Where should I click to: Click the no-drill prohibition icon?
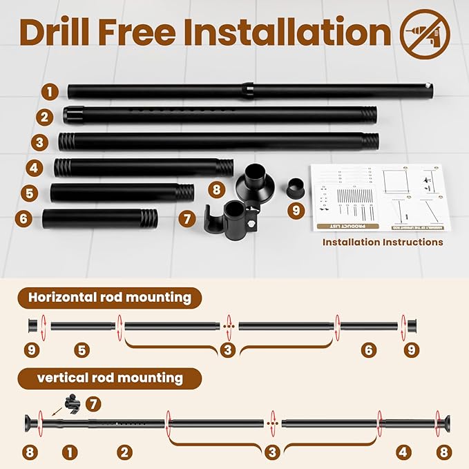424,34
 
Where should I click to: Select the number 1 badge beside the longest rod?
48,91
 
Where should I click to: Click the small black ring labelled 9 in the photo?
296,186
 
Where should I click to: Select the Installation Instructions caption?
383,242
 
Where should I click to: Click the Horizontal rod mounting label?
109,298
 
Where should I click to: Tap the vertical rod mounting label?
110,378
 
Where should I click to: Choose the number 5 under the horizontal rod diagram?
82,350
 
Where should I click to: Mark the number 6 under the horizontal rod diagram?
368,350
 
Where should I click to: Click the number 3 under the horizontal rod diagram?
228,350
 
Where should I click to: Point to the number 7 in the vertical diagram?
94,402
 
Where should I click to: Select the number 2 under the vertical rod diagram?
124,452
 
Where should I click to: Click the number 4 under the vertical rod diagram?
403,452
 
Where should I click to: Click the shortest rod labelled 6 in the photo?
99,219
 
